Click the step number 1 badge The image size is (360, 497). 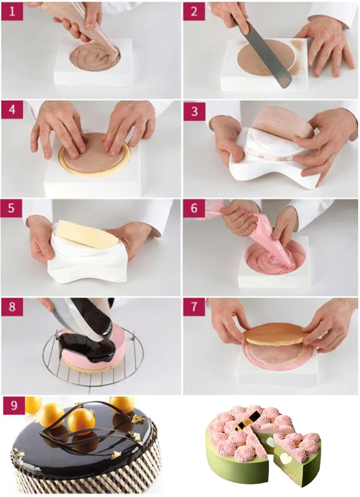tap(12, 12)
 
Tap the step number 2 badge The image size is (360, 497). tap(194, 12)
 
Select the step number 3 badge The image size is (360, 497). tap(194, 111)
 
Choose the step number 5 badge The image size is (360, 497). tap(12, 209)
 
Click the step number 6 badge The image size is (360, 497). tap(194, 209)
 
